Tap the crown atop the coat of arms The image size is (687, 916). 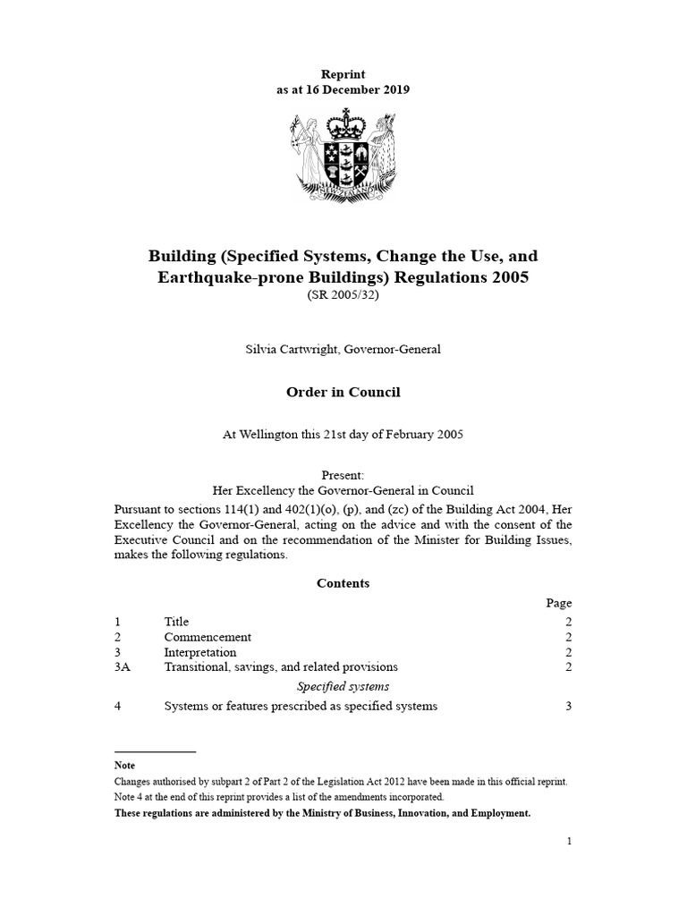point(343,122)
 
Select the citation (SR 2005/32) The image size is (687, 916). point(343,296)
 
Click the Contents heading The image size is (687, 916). point(343,583)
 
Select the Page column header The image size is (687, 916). point(559,603)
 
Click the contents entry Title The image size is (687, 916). point(176,622)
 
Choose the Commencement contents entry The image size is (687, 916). point(208,637)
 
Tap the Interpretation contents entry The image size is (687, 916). point(200,652)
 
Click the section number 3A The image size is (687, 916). point(123,667)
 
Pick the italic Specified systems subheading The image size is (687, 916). point(343,686)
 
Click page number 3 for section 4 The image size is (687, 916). point(568,706)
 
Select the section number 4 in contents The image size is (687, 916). point(118,706)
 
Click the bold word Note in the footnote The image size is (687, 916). point(124,766)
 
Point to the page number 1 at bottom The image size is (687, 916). point(568,841)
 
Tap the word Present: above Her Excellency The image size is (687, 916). point(343,475)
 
